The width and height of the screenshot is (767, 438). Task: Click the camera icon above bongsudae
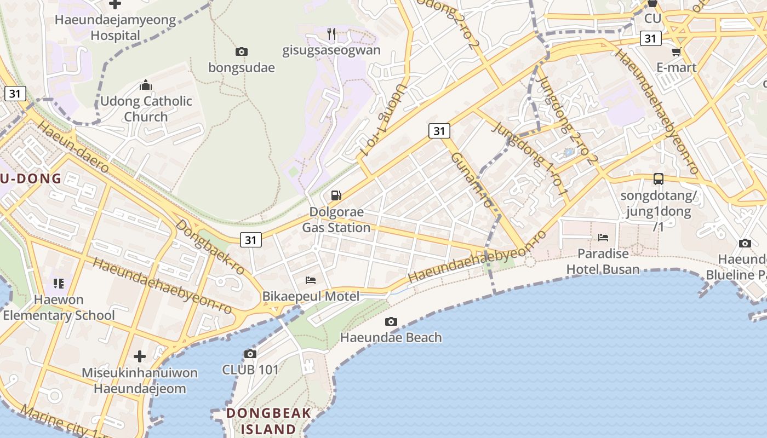241,52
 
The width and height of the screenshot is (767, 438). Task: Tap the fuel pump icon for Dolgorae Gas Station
336,195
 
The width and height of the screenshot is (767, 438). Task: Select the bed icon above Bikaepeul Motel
311,280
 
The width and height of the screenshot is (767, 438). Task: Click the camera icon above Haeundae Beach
391,321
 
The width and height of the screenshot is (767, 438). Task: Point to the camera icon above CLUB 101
250,354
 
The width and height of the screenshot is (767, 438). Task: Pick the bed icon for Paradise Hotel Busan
603,238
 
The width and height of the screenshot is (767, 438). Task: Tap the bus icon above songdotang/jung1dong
658,179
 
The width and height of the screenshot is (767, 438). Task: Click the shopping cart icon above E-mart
676,52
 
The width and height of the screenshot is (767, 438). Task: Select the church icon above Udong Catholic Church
145,85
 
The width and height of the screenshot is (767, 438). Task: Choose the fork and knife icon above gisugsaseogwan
331,34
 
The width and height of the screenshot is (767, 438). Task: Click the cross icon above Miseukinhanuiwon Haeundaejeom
140,356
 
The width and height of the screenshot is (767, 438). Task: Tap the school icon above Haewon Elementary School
59,284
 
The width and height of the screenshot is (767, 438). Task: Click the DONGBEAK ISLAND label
268,420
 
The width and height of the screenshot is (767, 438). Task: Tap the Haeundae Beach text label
391,337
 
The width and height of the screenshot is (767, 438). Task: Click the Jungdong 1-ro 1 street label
529,159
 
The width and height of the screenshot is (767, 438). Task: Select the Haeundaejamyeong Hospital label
116,28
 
